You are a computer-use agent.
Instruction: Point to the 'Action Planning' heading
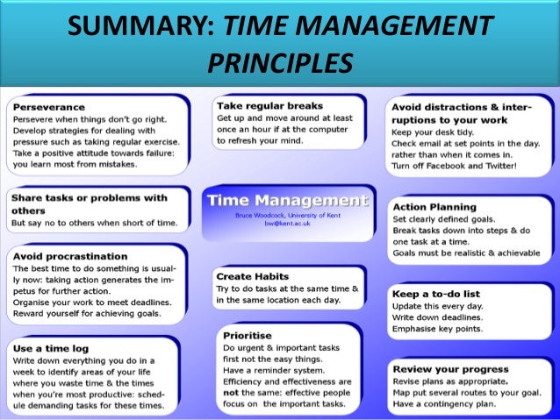click(x=434, y=207)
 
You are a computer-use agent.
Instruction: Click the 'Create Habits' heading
click(x=253, y=276)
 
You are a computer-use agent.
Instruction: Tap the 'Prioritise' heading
click(x=248, y=335)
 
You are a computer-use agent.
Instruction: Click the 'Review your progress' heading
click(x=450, y=369)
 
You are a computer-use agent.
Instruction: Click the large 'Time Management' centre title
click(x=286, y=200)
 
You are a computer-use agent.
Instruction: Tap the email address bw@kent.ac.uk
click(x=286, y=224)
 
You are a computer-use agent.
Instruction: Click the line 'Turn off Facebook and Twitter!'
click(x=455, y=166)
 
